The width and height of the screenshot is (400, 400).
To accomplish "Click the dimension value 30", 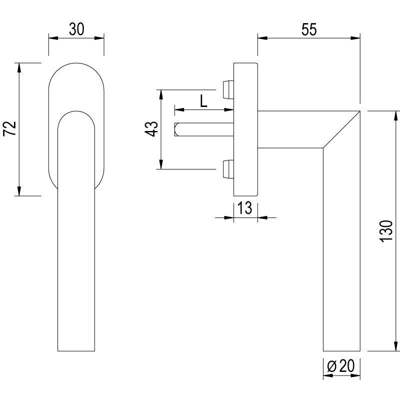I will point(76,29).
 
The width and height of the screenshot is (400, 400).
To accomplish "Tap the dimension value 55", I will point(309,29).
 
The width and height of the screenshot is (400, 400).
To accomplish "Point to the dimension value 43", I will point(152,129).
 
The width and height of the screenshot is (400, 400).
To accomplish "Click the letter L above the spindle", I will point(203,102).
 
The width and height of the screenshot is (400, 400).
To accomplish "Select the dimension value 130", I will point(384,231).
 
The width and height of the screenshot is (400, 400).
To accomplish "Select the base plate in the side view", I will point(245,129).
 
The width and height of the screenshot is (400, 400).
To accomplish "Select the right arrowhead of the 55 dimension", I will point(355,37).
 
